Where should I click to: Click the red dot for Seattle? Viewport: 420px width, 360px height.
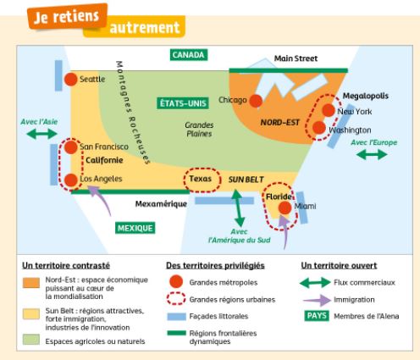(x=70, y=80)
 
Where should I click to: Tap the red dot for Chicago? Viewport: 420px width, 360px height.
(x=256, y=101)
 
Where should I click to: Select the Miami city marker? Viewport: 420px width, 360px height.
(x=285, y=208)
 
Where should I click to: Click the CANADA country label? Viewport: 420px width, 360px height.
(x=189, y=55)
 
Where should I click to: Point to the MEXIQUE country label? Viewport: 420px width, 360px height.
(x=135, y=228)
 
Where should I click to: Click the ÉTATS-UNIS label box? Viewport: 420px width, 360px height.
(x=183, y=103)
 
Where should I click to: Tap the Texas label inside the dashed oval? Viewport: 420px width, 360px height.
(x=200, y=179)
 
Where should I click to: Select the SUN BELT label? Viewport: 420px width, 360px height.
(x=246, y=180)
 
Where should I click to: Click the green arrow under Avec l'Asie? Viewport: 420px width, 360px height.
(x=41, y=134)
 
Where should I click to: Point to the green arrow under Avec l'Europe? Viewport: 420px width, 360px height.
(x=372, y=154)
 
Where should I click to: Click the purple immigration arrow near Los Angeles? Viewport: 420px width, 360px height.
(x=101, y=199)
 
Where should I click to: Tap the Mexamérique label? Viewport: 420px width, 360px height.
(x=161, y=204)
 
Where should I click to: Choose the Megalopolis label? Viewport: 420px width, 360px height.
(x=366, y=96)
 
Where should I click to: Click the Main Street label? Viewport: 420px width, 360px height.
(x=296, y=58)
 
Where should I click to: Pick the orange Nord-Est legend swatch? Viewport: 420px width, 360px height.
(x=31, y=283)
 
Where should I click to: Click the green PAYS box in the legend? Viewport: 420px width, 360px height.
(x=317, y=316)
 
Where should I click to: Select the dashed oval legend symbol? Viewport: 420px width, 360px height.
(x=176, y=299)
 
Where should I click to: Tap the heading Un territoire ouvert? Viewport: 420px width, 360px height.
(x=339, y=265)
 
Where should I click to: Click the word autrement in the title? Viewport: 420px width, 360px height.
(x=145, y=28)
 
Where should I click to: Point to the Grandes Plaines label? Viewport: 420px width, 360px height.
(x=199, y=130)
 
